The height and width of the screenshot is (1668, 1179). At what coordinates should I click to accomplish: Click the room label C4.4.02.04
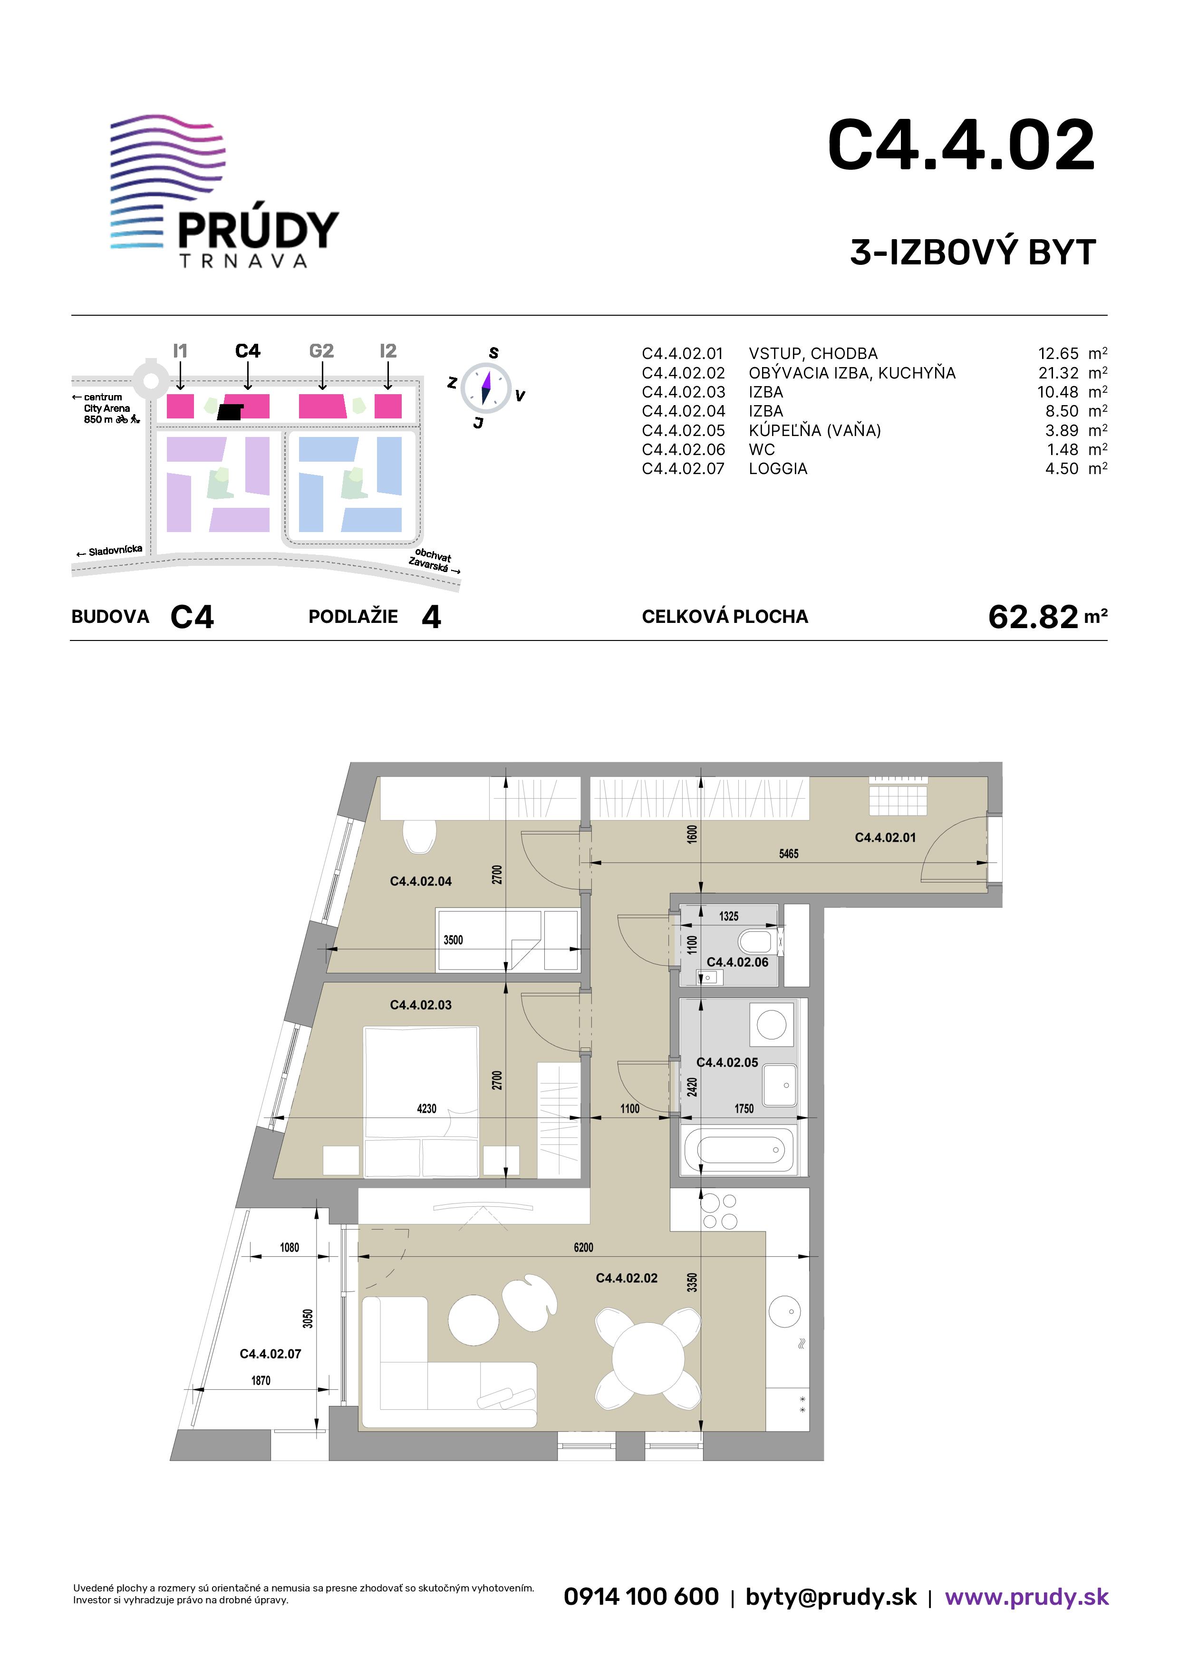(x=421, y=881)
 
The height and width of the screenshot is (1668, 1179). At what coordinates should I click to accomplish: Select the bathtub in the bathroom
(x=740, y=1149)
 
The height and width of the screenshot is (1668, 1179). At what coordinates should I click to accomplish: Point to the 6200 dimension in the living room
(x=583, y=1247)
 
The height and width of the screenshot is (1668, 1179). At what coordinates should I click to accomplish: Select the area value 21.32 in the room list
(x=1058, y=373)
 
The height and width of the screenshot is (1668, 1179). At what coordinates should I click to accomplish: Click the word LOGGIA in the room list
(x=778, y=468)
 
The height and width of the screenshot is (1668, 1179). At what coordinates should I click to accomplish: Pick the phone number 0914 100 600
(x=641, y=1596)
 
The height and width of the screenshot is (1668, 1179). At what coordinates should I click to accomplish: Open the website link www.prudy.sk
(x=1026, y=1596)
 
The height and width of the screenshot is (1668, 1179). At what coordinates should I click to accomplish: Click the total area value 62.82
(x=1033, y=617)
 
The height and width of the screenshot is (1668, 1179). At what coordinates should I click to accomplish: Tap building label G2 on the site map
(x=321, y=351)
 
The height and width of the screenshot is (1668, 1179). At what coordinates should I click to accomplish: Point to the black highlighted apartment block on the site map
(x=230, y=412)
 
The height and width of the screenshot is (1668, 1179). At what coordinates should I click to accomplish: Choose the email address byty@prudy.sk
(x=831, y=1597)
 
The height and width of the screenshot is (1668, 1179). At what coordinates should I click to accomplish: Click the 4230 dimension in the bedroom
(x=426, y=1109)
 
